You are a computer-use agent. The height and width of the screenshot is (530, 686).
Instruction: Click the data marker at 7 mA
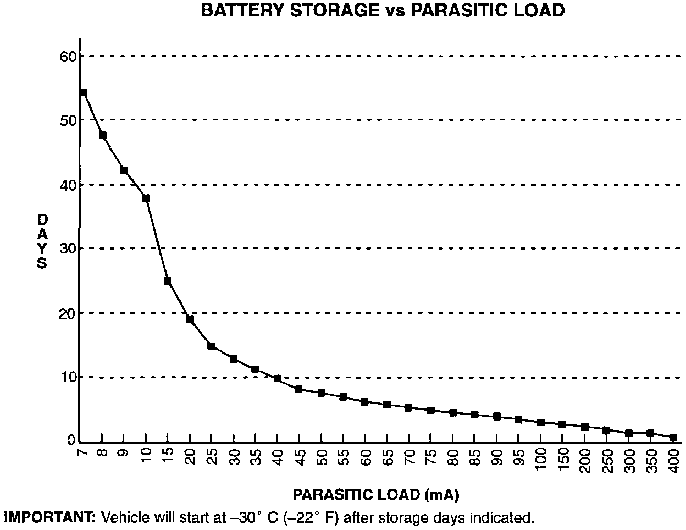[x=83, y=93]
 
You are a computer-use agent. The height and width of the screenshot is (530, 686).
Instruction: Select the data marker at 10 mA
[x=146, y=198]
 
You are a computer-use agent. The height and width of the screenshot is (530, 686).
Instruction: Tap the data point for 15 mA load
[x=168, y=281]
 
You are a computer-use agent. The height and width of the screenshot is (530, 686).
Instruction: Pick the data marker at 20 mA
[x=190, y=319]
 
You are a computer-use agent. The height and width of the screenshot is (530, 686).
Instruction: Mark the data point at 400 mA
[x=673, y=438]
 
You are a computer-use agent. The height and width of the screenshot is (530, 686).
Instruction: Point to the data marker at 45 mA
[x=298, y=389]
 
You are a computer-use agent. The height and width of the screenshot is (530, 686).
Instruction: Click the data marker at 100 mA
[x=541, y=422]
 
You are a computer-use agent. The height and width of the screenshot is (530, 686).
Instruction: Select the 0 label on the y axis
[x=71, y=440]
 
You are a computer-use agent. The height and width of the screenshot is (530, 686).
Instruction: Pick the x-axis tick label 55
[x=343, y=455]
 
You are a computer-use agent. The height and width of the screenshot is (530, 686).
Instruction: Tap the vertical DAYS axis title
[x=42, y=241]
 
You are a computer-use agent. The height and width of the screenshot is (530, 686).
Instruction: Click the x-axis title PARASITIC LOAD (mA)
[x=376, y=495]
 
